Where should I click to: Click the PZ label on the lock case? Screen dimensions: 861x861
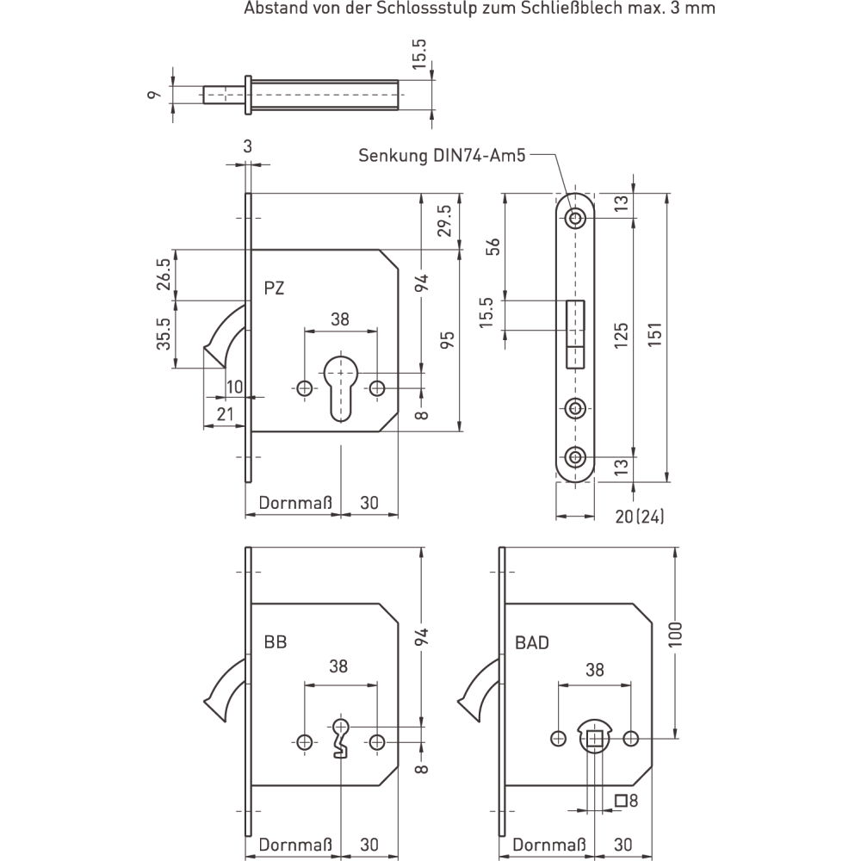coord(274,288)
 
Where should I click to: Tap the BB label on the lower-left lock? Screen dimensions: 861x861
coord(276,642)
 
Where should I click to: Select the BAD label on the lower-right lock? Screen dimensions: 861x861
coord(531,642)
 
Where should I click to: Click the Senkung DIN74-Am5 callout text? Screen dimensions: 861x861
coord(442,155)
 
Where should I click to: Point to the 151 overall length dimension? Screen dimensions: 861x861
coord(654,333)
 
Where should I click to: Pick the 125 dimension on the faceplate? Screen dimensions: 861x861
coord(620,335)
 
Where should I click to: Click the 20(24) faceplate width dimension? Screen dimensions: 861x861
coord(639,516)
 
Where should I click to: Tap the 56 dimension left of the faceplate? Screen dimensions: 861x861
coord(493,245)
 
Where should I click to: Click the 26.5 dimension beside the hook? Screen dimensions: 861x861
coord(163,275)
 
